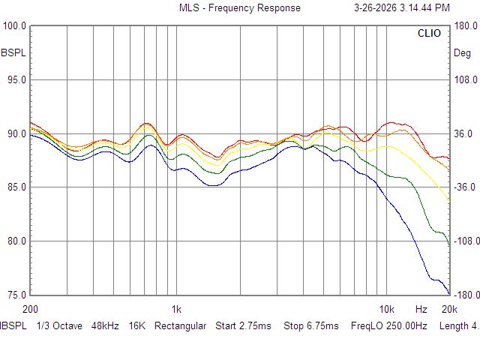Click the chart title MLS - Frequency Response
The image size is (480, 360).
[x=240, y=7]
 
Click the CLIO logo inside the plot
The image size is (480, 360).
[x=429, y=33]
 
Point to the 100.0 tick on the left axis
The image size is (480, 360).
[x=14, y=25]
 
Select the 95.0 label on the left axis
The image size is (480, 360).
[x=16, y=80]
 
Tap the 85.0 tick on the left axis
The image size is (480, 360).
[x=16, y=187]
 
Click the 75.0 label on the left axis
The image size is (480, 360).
[x=16, y=295]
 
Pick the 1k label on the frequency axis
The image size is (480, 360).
[x=176, y=309]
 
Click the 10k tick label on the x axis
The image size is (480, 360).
[x=387, y=309]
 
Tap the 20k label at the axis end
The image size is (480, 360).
[x=449, y=309]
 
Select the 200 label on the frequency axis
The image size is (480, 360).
[x=30, y=309]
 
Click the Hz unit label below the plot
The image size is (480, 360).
[x=421, y=309]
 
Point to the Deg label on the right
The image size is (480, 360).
[x=462, y=53]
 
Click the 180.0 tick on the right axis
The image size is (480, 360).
[x=466, y=25]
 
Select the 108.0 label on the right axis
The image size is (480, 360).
[x=466, y=80]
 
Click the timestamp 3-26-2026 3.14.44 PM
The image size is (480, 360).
[x=402, y=7]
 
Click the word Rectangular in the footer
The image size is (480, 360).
[x=180, y=325]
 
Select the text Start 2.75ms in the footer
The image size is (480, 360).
[x=243, y=325]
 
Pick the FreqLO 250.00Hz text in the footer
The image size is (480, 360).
[x=389, y=325]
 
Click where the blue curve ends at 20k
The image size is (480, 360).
[x=449, y=294]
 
